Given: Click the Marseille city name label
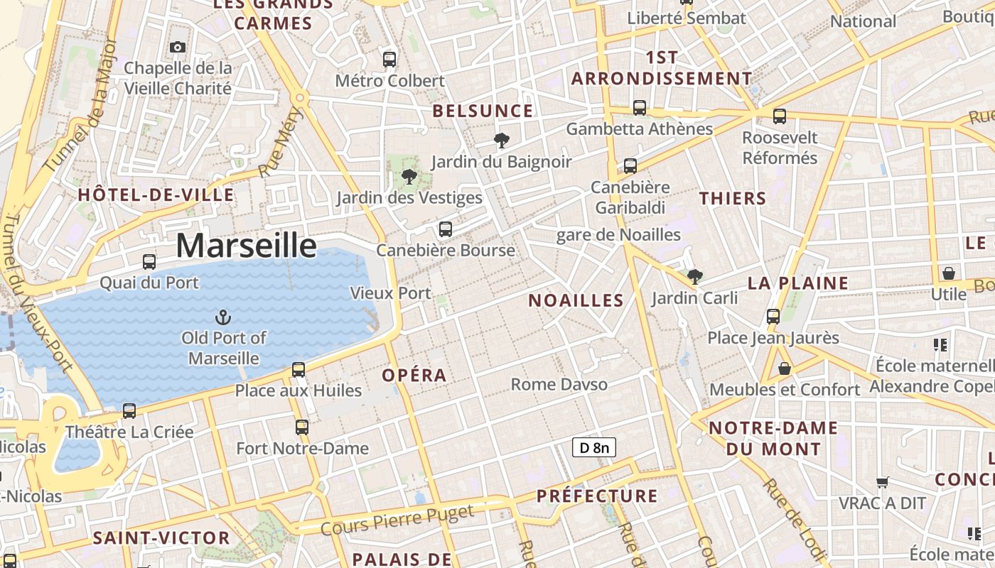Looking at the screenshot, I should coord(246,246).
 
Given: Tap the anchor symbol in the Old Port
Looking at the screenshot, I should coord(224,317).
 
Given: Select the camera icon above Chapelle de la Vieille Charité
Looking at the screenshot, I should coord(178,48).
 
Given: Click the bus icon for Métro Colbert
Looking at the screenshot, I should coord(389,60).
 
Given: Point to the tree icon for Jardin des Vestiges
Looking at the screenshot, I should coord(409,176).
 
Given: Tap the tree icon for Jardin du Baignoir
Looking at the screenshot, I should coord(502,140).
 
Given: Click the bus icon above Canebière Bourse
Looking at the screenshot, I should coord(446,229).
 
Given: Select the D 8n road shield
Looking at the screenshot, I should coord(593,447).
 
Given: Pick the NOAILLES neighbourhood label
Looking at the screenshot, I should coord(576,300).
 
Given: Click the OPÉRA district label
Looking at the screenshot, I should coord(414,376).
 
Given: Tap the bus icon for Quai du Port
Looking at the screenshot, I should coord(149,262).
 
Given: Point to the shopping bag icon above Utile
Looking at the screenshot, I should coord(948,273).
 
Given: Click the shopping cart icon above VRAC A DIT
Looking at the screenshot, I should coord(883,483).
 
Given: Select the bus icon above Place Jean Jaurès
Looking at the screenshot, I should coord(773,317).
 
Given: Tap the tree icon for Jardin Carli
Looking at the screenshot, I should coord(694,276).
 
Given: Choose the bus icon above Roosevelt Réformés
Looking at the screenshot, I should coord(780,116).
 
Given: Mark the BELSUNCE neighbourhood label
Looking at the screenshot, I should coord(483,111).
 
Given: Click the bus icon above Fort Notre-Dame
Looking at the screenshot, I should coord(302,427).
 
